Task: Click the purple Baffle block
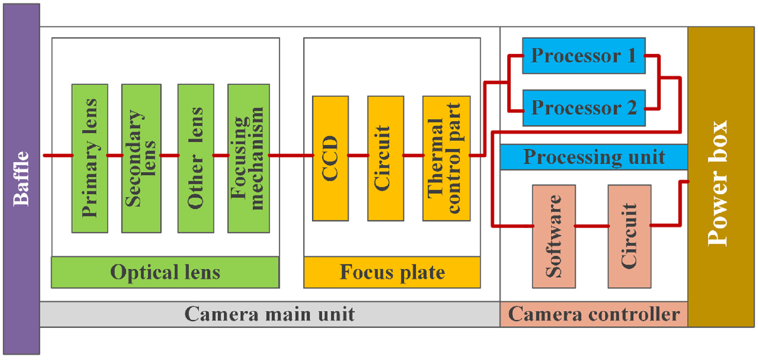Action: [21, 179]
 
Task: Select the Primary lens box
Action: [89, 159]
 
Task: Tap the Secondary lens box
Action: [142, 159]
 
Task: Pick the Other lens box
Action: [196, 159]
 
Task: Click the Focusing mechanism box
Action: [249, 159]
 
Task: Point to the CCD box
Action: [331, 159]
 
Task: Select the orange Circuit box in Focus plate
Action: [386, 159]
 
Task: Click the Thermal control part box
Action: [446, 159]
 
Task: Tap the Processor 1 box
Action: [584, 56]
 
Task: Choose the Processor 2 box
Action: [584, 108]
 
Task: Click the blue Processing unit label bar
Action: [594, 157]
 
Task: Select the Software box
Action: [554, 236]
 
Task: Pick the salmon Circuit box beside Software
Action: [630, 236]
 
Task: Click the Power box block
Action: [721, 177]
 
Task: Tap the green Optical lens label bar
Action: [165, 272]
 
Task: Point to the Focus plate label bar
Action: [392, 272]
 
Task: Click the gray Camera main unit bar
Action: [270, 314]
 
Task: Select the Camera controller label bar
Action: [594, 314]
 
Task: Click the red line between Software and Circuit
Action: [592, 226]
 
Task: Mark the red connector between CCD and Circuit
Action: [358, 156]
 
